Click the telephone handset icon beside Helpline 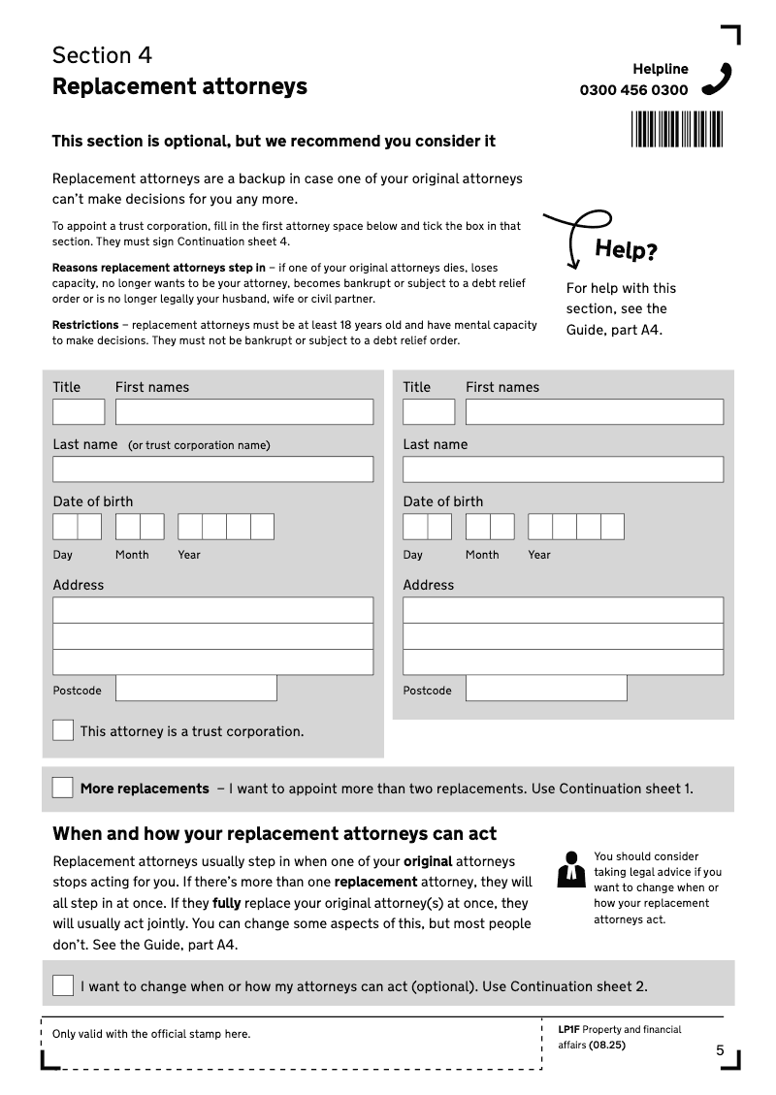[x=717, y=79]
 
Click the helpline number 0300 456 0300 [x=633, y=90]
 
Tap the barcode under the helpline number [x=676, y=129]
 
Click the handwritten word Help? [x=626, y=250]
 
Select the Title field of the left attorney [x=79, y=411]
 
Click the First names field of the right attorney [x=594, y=411]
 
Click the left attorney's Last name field [x=212, y=469]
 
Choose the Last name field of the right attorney [x=563, y=469]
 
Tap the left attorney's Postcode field [x=196, y=689]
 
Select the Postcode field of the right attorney [x=546, y=689]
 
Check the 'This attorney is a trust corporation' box [x=63, y=730]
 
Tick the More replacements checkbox [x=62, y=788]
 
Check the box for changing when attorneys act [x=63, y=985]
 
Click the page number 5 [x=720, y=1050]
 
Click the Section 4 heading [x=102, y=55]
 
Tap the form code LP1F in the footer [x=568, y=1030]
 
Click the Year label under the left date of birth [x=189, y=555]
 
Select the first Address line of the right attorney [x=563, y=610]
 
